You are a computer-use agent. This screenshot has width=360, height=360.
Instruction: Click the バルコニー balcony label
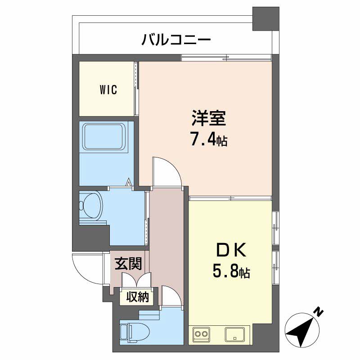[x=176, y=40]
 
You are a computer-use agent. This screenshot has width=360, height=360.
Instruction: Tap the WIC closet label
[x=108, y=90]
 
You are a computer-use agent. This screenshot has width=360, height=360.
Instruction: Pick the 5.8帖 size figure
[x=231, y=272]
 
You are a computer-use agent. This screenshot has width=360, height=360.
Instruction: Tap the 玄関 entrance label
[x=129, y=264]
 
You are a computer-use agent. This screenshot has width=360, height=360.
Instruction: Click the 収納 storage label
[x=137, y=297]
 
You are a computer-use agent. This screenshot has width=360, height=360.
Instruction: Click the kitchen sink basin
[x=234, y=334]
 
